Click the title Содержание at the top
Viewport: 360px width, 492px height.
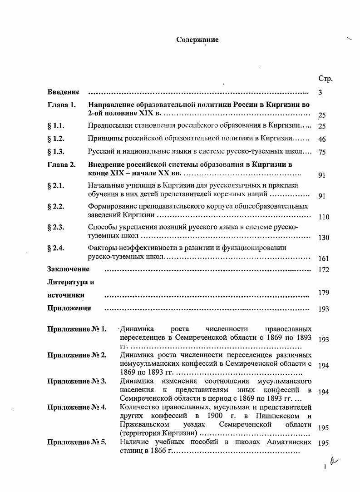(x=197, y=40)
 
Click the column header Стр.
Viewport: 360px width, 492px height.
(x=325, y=79)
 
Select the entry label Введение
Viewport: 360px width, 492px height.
(x=64, y=92)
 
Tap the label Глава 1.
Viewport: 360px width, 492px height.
(x=61, y=105)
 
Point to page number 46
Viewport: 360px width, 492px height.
(x=322, y=139)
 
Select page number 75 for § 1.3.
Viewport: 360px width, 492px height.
(x=322, y=153)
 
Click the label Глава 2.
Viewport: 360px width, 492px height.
(x=61, y=164)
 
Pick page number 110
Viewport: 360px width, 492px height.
(x=324, y=217)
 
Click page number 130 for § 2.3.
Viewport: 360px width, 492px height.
(x=324, y=238)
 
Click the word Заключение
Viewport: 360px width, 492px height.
(x=68, y=269)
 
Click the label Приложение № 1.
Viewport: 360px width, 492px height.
(x=77, y=329)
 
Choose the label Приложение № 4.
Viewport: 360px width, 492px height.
(x=77, y=407)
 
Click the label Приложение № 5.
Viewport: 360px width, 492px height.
(x=77, y=442)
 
